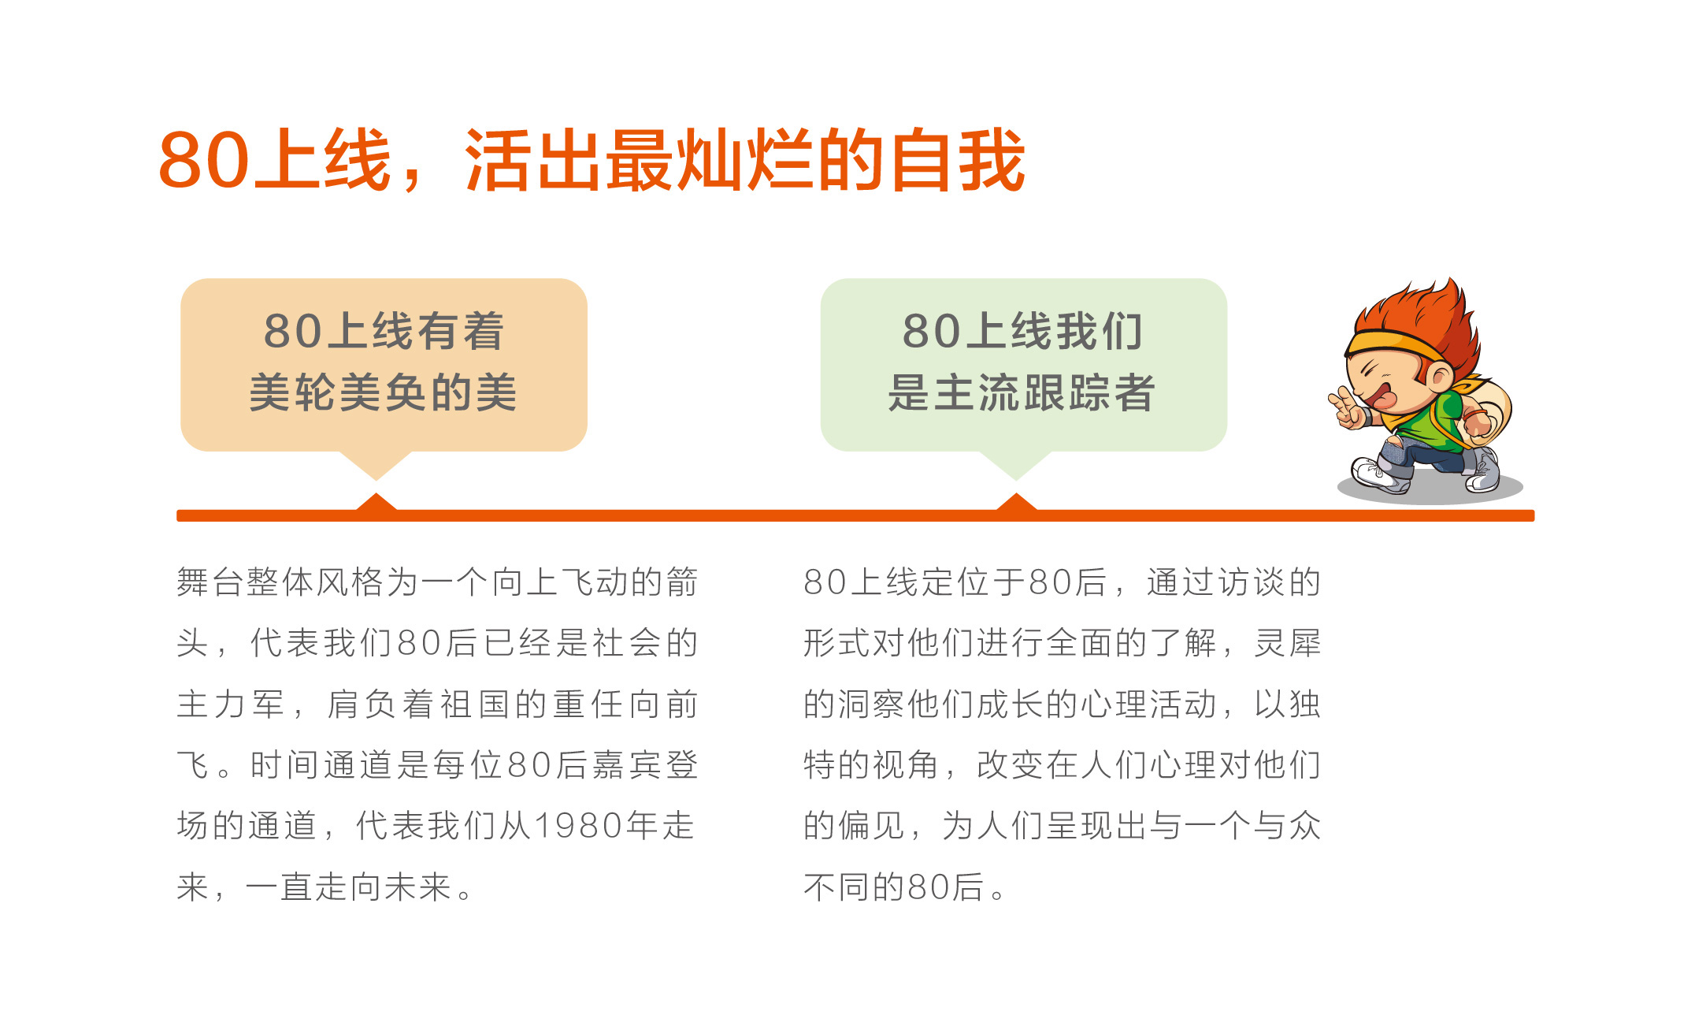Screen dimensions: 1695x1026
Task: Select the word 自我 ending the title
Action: [958, 161]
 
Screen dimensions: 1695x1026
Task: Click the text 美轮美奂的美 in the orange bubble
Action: [384, 392]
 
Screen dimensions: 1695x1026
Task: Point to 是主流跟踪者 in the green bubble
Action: [1022, 392]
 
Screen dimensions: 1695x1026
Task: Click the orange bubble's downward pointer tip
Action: [376, 479]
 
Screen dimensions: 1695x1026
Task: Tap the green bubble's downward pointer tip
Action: [1016, 479]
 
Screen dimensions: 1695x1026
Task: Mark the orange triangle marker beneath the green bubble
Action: [1016, 503]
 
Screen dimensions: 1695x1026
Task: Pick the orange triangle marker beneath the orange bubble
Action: [376, 503]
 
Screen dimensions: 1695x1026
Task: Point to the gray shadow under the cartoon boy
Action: [1430, 489]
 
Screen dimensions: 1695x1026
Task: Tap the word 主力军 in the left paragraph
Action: [230, 704]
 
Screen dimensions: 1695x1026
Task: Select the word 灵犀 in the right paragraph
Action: [1287, 643]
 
